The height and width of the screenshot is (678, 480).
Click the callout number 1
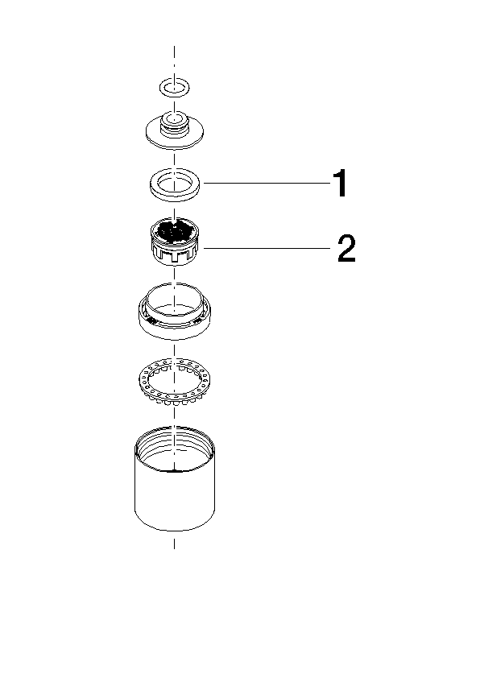click(x=341, y=184)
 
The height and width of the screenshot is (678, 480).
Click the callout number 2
click(x=346, y=248)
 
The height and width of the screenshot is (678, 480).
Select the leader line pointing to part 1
click(x=267, y=184)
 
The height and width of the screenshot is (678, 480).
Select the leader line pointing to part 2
click(x=267, y=248)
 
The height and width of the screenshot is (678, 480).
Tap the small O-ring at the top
click(x=161, y=87)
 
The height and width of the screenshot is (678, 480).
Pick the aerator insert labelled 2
click(x=174, y=242)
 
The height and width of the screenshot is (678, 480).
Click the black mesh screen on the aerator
click(x=174, y=231)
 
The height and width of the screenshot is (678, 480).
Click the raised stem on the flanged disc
click(x=174, y=123)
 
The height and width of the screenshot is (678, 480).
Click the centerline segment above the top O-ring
click(x=174, y=60)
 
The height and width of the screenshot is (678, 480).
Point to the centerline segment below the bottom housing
click(x=174, y=544)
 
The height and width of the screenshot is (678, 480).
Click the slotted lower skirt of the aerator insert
click(x=174, y=255)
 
